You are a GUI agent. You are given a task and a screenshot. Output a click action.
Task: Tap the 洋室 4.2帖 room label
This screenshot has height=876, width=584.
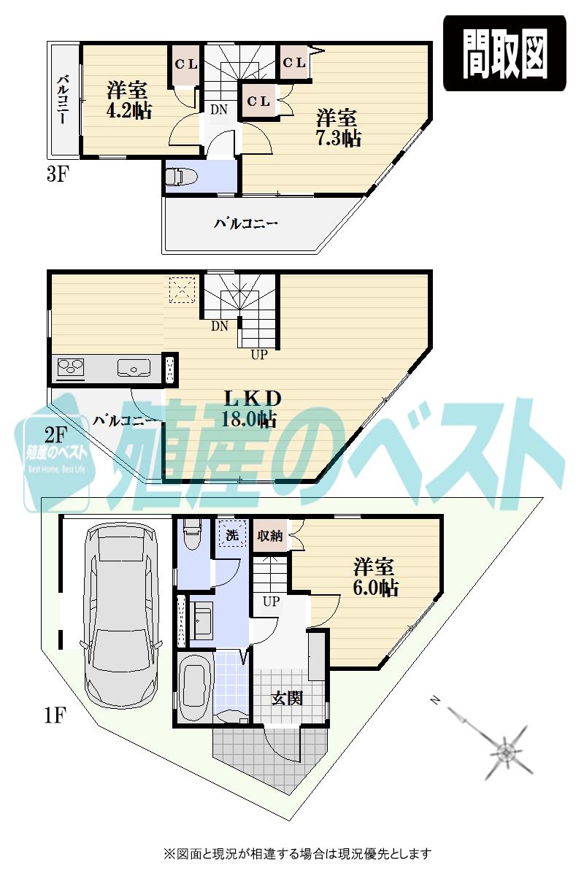tap(128, 101)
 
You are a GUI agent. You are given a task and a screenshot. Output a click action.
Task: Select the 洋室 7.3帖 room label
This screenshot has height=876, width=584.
tap(337, 128)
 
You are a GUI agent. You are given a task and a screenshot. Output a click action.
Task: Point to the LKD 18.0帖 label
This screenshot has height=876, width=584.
tap(252, 408)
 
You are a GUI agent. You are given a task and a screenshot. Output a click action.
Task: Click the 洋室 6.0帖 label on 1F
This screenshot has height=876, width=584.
tap(375, 577)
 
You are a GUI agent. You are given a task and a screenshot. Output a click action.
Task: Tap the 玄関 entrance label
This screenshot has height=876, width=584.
tap(288, 698)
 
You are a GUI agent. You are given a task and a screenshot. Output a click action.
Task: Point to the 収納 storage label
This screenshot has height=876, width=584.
tap(270, 535)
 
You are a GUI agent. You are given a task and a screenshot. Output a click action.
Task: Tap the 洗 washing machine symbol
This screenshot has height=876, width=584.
tap(231, 534)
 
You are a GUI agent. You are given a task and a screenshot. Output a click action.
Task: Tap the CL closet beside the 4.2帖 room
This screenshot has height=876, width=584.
tap(185, 64)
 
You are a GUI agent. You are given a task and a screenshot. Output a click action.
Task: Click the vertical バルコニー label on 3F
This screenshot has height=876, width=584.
tap(63, 99)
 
